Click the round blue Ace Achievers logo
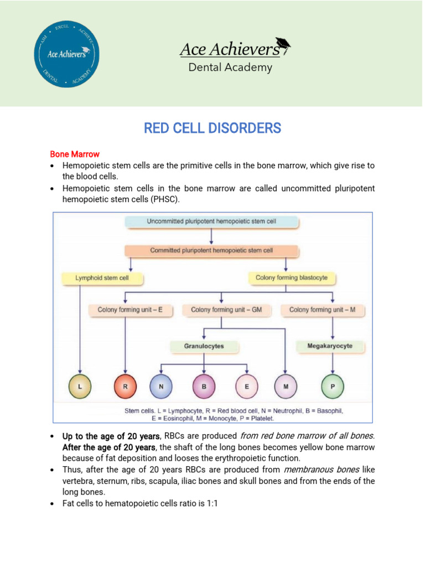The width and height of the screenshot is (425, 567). click(x=68, y=53)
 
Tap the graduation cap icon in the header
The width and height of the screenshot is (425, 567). click(x=283, y=46)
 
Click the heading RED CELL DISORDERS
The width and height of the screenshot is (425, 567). click(x=212, y=128)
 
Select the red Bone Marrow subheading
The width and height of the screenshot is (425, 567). click(x=75, y=154)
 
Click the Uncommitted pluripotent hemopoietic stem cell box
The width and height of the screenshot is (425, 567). click(x=211, y=222)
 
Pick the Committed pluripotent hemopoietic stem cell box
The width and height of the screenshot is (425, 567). click(x=211, y=251)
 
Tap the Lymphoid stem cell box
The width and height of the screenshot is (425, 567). click(x=102, y=278)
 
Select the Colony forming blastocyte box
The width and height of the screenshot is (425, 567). click(x=287, y=278)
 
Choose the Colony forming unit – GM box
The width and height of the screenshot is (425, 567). click(x=226, y=311)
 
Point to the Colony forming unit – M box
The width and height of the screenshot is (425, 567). click(x=322, y=311)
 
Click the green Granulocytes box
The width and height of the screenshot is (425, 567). click(x=204, y=347)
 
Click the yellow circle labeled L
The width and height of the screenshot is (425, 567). click(x=81, y=388)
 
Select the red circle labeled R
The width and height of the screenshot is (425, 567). click(x=125, y=388)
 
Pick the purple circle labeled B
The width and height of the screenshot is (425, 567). click(x=204, y=388)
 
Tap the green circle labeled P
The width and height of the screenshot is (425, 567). click(x=333, y=388)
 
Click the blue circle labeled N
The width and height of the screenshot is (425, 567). click(x=161, y=388)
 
